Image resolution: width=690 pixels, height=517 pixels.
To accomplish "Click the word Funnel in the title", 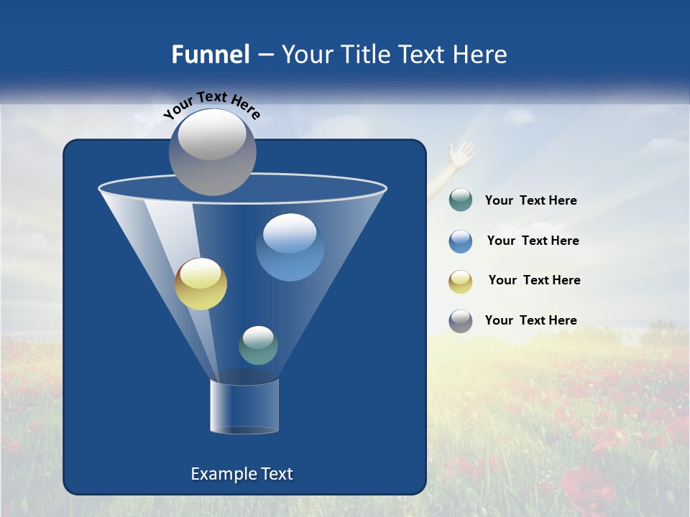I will tap(210, 55).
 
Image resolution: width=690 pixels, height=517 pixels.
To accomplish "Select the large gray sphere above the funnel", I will tap(213, 152).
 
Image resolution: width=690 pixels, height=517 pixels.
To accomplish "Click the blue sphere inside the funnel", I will tap(290, 247).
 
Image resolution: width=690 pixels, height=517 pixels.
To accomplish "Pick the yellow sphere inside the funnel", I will tap(201, 284).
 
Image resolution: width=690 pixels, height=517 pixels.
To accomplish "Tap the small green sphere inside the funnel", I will tap(258, 345).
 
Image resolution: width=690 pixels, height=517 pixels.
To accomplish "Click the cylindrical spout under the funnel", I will tap(244, 406).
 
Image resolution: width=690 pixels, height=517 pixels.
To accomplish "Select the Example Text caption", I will tap(241, 474).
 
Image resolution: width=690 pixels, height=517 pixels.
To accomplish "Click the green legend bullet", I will tap(460, 200).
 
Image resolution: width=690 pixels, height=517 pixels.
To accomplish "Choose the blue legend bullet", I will tap(460, 241).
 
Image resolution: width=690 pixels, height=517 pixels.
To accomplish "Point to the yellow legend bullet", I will tap(460, 281).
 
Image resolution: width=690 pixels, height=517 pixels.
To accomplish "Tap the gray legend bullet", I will tap(460, 321).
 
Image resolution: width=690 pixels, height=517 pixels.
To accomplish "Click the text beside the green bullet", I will tap(530, 201).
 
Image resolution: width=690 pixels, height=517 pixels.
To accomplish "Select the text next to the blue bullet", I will tap(533, 241).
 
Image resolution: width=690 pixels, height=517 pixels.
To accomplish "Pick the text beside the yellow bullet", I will tap(534, 281).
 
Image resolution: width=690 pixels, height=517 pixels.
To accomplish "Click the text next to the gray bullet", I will tap(530, 321).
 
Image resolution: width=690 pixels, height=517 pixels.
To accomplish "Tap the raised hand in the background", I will tap(461, 154).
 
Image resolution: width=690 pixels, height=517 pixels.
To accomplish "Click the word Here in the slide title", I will tap(480, 55).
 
